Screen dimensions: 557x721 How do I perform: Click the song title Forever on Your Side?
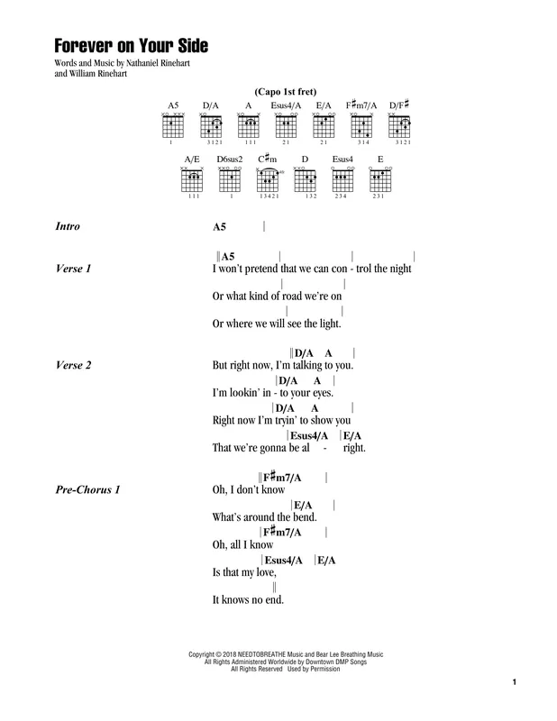[131, 46]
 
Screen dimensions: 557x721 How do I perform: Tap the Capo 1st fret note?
[285, 92]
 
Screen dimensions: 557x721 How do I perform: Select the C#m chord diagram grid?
[267, 180]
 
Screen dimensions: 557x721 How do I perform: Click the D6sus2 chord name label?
[230, 160]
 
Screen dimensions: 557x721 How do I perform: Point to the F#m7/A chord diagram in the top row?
[361, 126]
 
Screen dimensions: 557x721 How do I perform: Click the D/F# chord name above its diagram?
[399, 105]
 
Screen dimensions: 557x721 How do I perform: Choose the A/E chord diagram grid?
[192, 179]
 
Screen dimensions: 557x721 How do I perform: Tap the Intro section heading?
[68, 226]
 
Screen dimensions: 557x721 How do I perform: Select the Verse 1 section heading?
[73, 269]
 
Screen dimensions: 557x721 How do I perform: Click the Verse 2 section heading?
[73, 365]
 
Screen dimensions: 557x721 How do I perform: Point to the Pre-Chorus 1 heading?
[87, 489]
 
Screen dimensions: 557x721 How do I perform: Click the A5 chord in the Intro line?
[219, 227]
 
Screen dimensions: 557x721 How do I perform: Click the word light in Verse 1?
[330, 324]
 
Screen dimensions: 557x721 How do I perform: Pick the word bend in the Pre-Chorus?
[305, 516]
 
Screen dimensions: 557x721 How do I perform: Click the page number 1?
[515, 682]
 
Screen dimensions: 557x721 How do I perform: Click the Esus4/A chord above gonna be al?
[309, 435]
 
